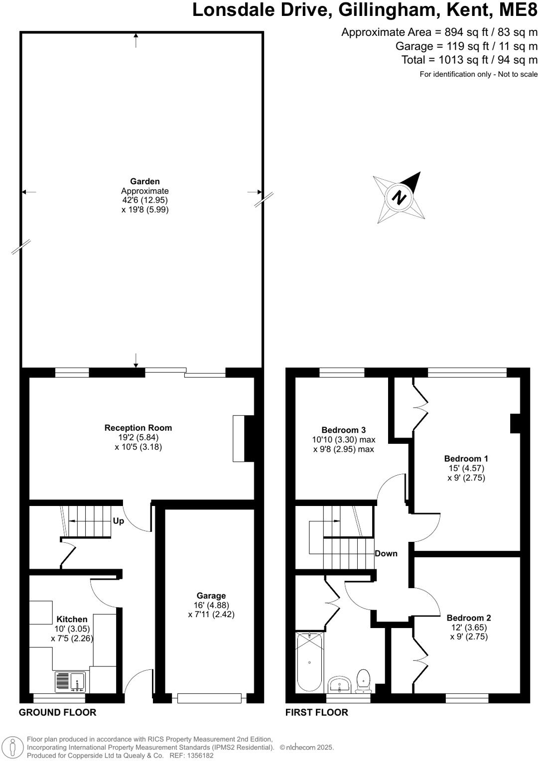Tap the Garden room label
pyautogui.click(x=145, y=182)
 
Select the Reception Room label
pyautogui.click(x=138, y=428)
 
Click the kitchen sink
pyautogui.click(x=70, y=682)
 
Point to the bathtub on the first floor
pyautogui.click(x=309, y=662)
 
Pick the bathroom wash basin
pyautogui.click(x=341, y=684)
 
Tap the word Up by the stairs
pyautogui.click(x=119, y=521)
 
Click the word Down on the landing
pyautogui.click(x=386, y=553)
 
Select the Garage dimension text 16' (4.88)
pyautogui.click(x=211, y=605)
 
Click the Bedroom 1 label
pyautogui.click(x=466, y=459)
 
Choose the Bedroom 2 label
pyautogui.click(x=469, y=618)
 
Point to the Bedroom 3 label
pyautogui.click(x=344, y=430)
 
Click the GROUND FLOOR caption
pyautogui.click(x=57, y=713)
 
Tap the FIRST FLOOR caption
pyautogui.click(x=317, y=713)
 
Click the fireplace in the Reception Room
pyautogui.click(x=240, y=438)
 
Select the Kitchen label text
pyautogui.click(x=72, y=620)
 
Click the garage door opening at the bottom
pyautogui.click(x=209, y=698)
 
